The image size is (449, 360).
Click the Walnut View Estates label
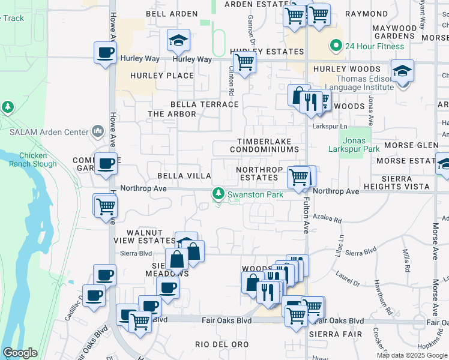point(144,236)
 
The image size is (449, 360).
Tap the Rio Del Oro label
point(221,344)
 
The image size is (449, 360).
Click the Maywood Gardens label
point(393,32)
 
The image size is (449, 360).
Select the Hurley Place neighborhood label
point(154,76)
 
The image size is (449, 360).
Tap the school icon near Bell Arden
point(178,41)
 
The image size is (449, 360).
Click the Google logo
point(20,353)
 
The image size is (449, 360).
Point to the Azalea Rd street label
point(327,220)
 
